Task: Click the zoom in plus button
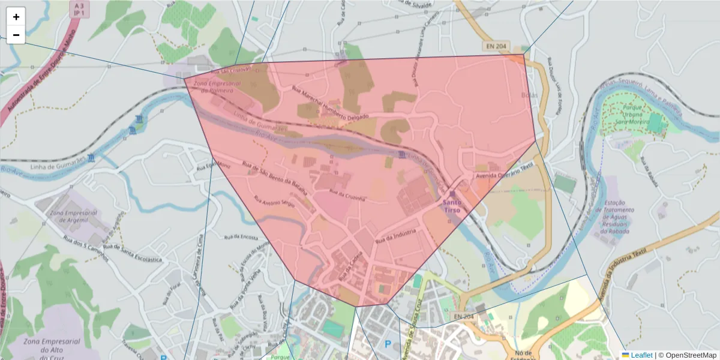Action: tap(16, 17)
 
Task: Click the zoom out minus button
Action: tap(16, 35)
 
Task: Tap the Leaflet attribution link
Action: tap(641, 355)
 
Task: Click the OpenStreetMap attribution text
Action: tap(691, 355)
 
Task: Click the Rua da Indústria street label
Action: tap(395, 233)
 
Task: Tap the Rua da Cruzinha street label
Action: tap(347, 195)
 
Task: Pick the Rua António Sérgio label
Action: tap(275, 203)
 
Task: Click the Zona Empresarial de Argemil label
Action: tap(74, 217)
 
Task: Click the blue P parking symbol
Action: tap(388, 344)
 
